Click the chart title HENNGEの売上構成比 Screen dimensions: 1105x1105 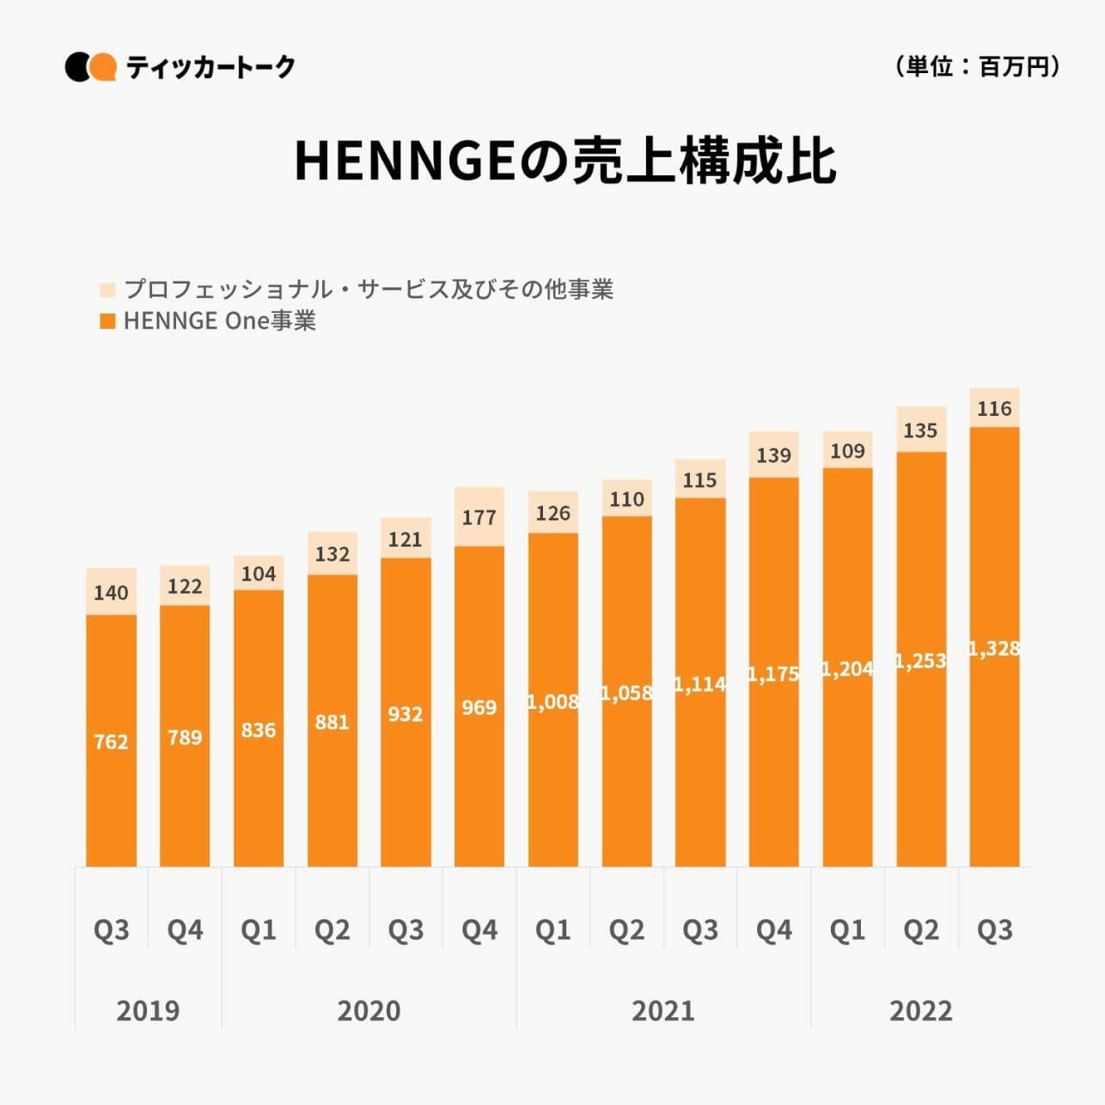pos(565,161)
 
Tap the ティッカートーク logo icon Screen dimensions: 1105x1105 pos(90,67)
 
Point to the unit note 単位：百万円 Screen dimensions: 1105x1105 pos(977,66)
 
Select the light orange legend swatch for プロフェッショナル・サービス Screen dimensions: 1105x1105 pos(107,290)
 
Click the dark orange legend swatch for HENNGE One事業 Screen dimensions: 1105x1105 pos(107,321)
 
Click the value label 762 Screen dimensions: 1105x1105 pos(111,742)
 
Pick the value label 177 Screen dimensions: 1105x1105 pos(479,517)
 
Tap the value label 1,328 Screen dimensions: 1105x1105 pos(994,649)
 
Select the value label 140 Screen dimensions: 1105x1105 pos(111,593)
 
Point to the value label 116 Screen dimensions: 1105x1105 pos(994,409)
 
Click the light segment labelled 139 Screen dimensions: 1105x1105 pos(773,455)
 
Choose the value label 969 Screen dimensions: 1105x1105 pos(479,707)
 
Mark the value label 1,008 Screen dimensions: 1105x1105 pos(552,702)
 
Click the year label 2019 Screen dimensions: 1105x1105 pos(148,1010)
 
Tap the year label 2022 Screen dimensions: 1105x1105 pos(920,1010)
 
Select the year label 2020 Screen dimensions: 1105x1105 pos(369,1010)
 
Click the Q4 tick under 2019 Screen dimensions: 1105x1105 pos(185,930)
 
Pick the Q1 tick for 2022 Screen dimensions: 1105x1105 pos(847,930)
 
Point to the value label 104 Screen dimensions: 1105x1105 pos(259,574)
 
